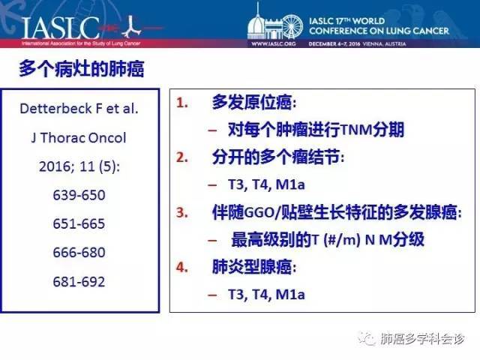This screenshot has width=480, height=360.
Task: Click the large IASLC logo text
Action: tap(61, 28)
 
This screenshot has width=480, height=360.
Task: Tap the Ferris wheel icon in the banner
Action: tap(292, 27)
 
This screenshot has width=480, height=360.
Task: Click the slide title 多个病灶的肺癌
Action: tap(82, 68)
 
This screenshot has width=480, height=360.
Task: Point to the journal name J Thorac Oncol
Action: tap(79, 138)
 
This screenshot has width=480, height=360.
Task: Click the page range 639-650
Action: tap(79, 195)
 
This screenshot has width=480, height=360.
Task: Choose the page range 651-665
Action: tap(79, 223)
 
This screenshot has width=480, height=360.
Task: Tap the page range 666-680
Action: tap(79, 253)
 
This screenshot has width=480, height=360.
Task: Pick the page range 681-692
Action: tap(79, 282)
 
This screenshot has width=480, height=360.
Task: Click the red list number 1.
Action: tap(182, 103)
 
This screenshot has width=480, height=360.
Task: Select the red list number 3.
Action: tap(182, 212)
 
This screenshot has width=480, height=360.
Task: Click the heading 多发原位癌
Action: tap(253, 102)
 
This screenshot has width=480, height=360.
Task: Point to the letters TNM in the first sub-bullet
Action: tap(356, 130)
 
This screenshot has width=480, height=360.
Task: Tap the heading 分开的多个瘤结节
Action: tap(277, 157)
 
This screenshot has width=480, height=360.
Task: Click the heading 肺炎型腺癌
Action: tap(253, 267)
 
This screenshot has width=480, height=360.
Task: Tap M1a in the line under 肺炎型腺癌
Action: tap(290, 295)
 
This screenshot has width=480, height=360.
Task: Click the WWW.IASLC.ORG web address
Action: tap(274, 43)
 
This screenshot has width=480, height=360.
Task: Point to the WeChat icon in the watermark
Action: tap(367, 338)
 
